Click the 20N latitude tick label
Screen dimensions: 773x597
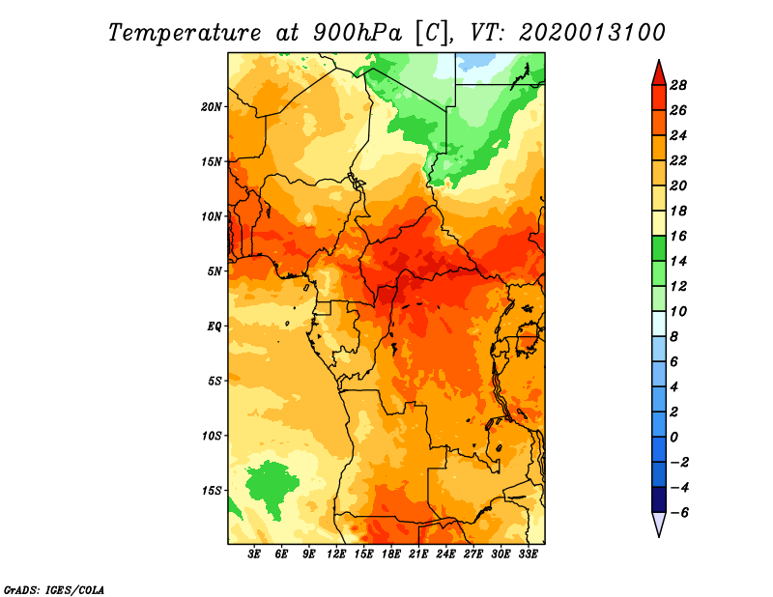pos(212,107)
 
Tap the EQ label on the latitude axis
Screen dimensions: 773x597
pos(214,327)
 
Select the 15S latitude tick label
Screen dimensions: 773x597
pos(212,491)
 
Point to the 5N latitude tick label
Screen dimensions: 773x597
pos(215,271)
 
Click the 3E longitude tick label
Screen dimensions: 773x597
pos(254,554)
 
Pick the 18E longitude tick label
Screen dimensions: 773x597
pos(391,554)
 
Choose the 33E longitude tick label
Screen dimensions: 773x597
pos(528,554)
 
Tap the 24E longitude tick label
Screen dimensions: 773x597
pos(445,554)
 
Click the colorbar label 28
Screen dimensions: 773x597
pos(678,85)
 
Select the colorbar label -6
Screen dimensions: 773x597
pos(678,512)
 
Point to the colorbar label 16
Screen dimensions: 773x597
pos(678,236)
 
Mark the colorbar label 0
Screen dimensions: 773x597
pos(673,437)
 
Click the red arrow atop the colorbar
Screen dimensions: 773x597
pos(659,74)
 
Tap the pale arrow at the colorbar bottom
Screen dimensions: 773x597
pos(659,524)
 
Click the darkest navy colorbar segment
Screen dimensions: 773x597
pos(659,499)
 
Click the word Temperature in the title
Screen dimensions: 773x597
pos(184,33)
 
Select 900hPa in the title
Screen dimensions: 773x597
pos(357,33)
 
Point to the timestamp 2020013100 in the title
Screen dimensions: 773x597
pos(591,33)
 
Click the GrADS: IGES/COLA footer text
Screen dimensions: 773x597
pos(54,589)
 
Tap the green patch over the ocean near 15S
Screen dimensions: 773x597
pos(272,486)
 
